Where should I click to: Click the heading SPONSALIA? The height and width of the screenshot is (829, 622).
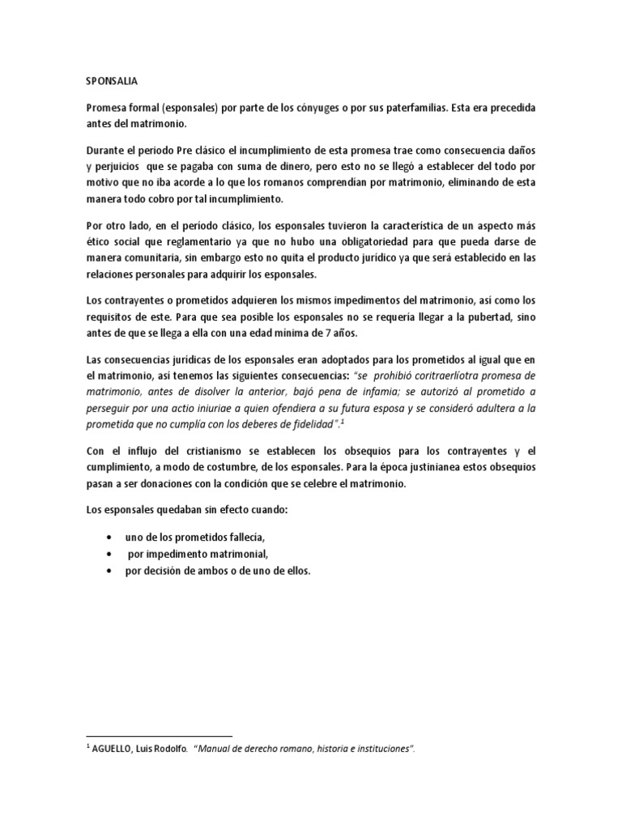111,81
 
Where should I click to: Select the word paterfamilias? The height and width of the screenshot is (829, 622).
429,108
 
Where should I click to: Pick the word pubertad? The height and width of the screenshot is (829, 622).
487,316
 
